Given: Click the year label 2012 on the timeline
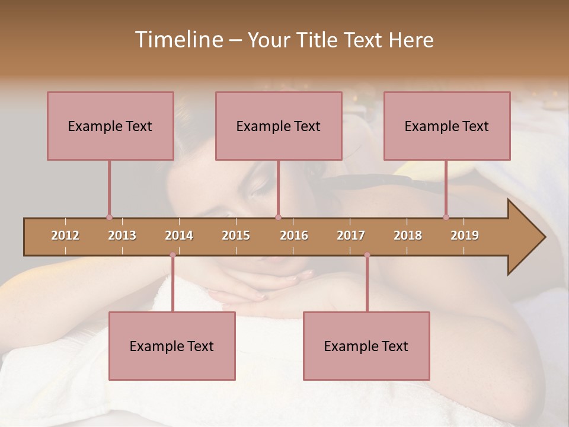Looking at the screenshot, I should point(65,235).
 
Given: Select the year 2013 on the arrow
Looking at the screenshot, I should point(122,235).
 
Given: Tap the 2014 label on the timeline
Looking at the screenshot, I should point(179,235).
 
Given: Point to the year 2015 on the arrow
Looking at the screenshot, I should point(236,235).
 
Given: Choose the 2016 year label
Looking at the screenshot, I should point(294,235).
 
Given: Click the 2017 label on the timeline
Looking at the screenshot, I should point(351,235).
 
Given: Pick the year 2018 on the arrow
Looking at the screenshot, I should point(408,235).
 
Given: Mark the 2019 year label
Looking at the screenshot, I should point(465,235).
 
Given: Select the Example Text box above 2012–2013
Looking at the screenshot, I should point(110,126).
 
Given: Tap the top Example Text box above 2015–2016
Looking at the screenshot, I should point(279,126).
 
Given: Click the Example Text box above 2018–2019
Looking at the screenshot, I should point(447,126).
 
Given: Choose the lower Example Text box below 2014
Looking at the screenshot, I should point(172,346).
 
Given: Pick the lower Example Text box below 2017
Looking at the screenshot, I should point(366,346).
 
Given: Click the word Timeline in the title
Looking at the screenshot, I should point(177,40).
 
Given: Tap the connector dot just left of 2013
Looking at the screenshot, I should point(109,217).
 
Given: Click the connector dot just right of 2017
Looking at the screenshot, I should point(367,255).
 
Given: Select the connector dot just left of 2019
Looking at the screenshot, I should point(446,217).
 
